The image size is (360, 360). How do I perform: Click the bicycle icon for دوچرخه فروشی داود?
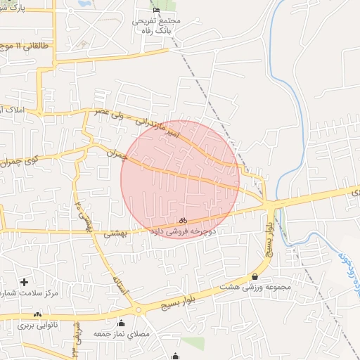183,221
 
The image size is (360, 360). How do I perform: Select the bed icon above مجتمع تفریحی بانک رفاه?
156,10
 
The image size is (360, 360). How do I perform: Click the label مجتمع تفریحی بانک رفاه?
156,25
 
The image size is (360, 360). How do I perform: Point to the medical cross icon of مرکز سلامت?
24,281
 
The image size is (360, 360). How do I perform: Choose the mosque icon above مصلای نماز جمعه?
122,323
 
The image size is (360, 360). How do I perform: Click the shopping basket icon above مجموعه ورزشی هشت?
255,277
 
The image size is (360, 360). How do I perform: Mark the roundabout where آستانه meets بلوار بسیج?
139,309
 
